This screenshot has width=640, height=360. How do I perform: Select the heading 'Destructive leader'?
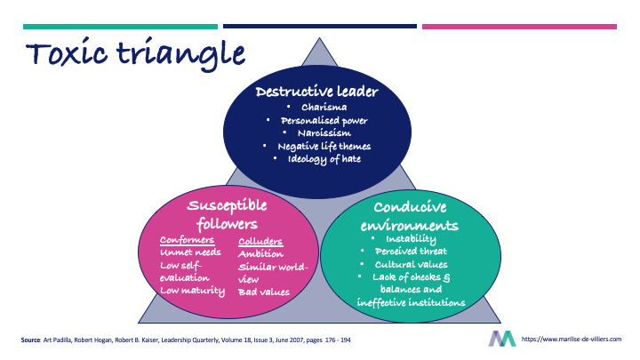317,92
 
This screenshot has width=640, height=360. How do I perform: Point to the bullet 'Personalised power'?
324,121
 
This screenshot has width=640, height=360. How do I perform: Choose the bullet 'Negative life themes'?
324,146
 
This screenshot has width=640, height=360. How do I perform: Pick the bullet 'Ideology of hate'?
324,159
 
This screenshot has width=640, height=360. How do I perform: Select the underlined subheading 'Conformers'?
186,240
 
